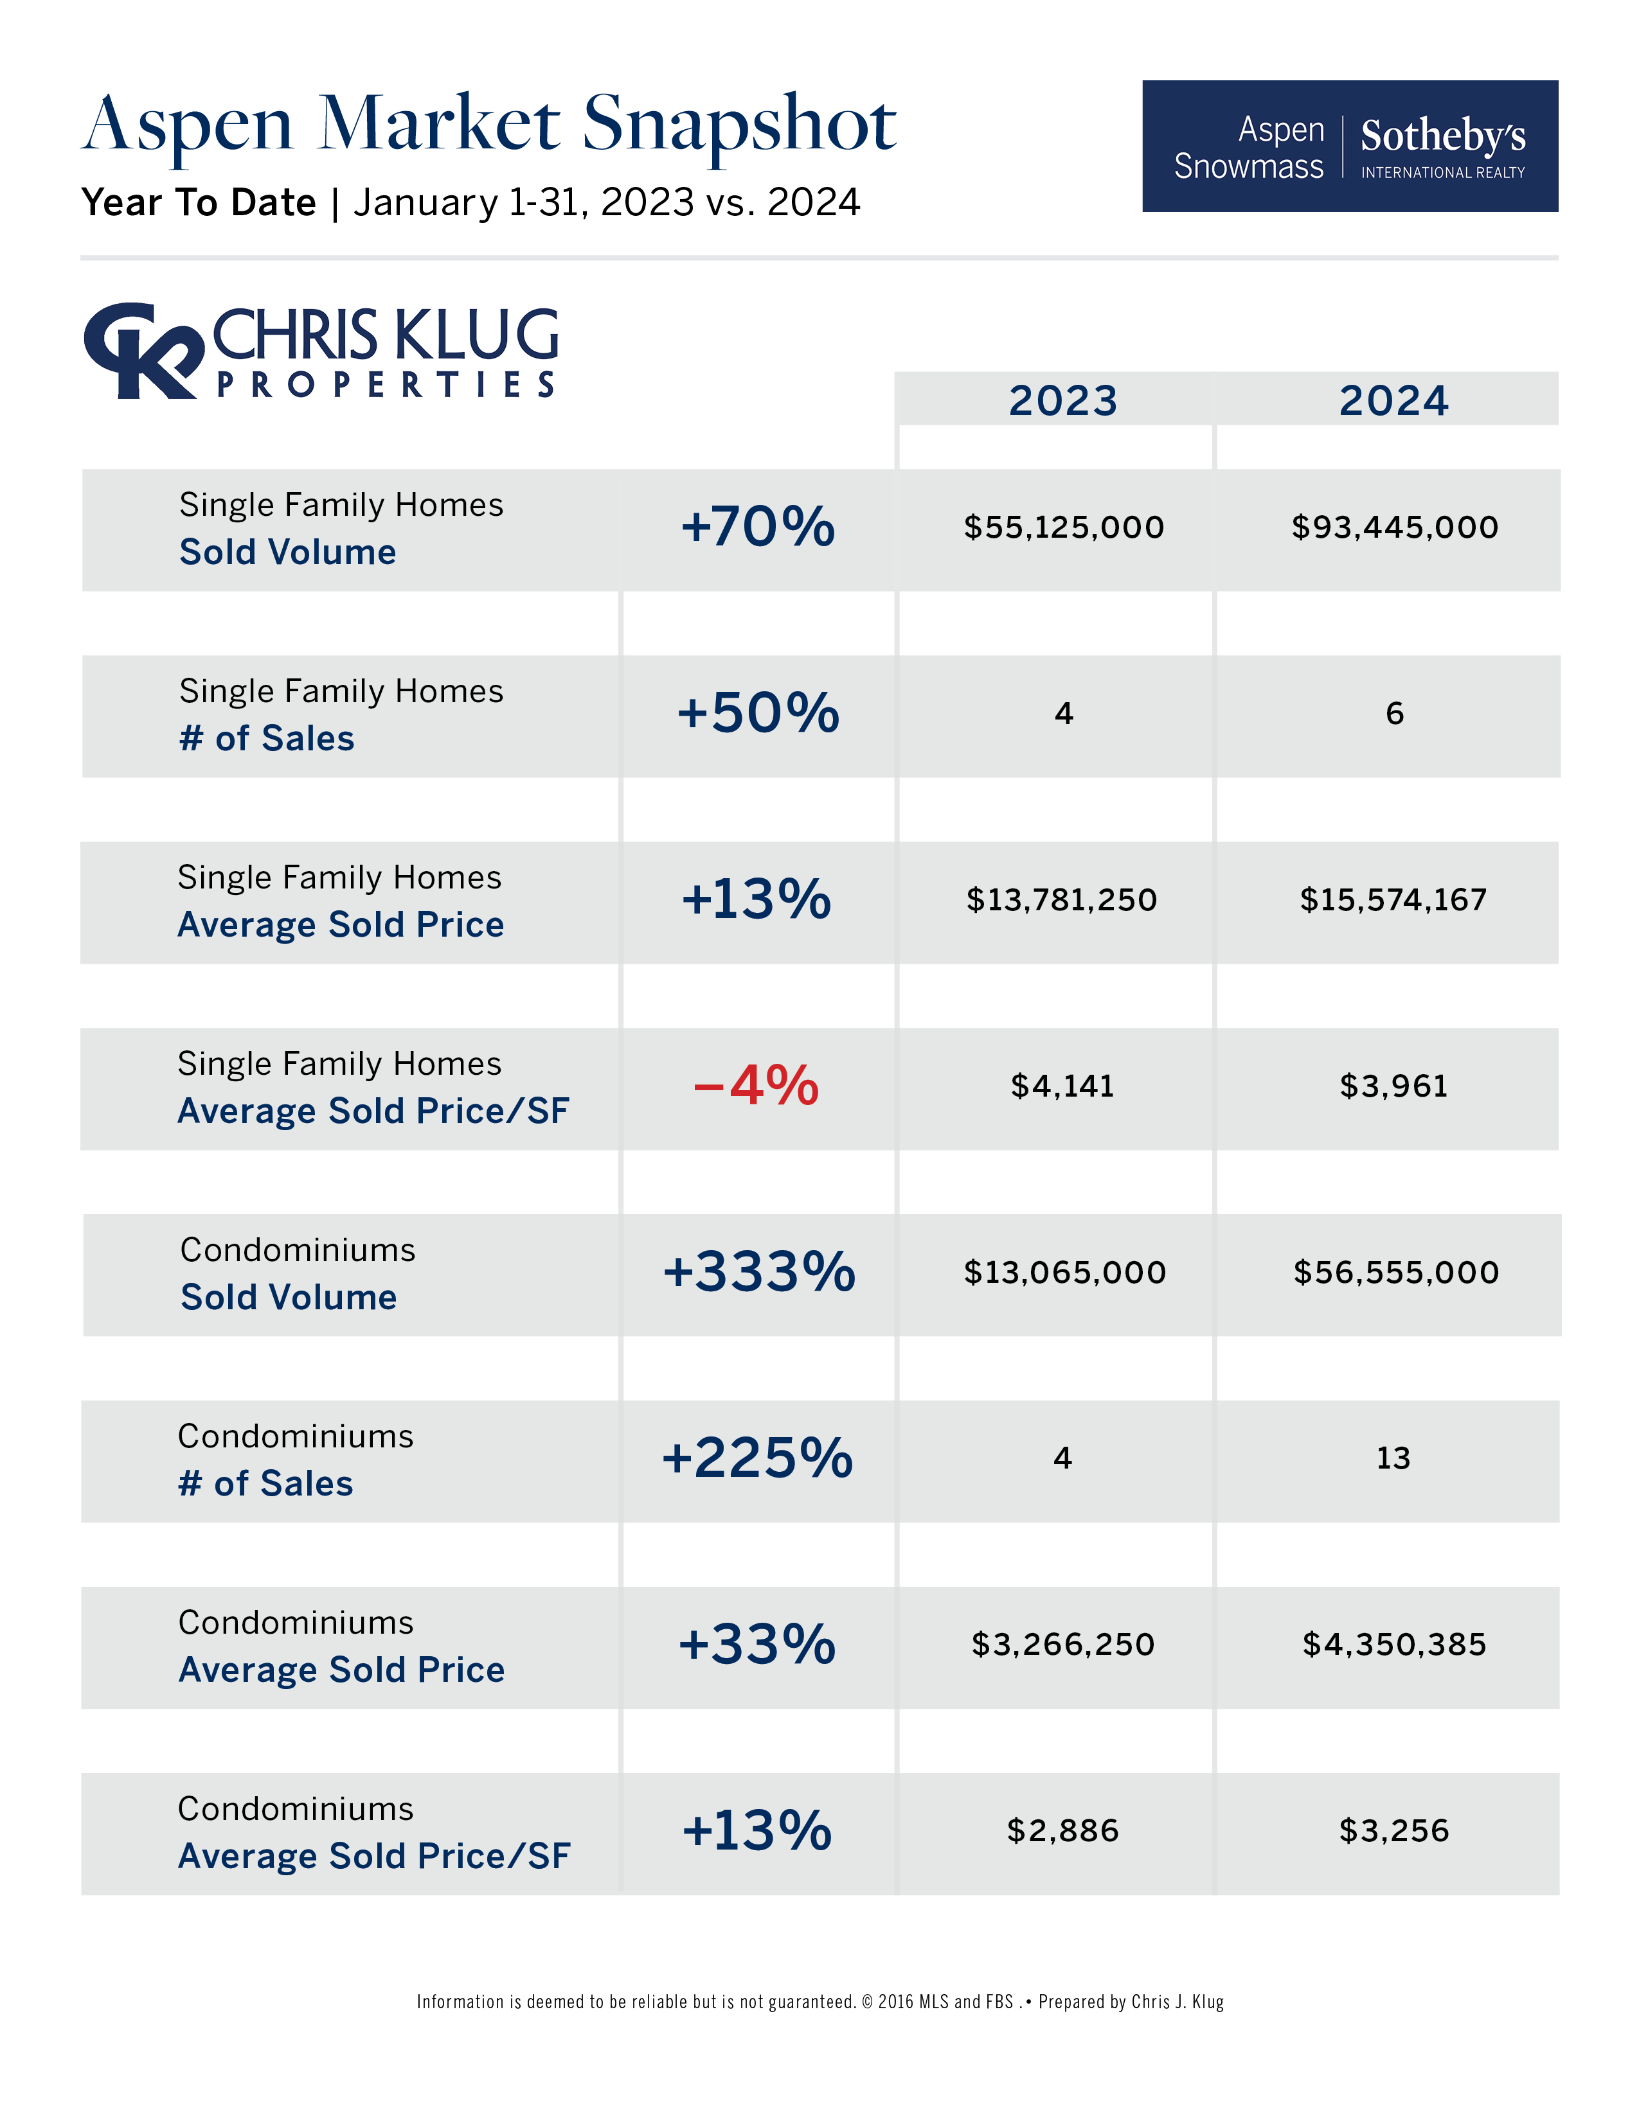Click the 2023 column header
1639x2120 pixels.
(1062, 401)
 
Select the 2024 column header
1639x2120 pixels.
(1393, 401)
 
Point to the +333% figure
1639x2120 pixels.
(758, 1271)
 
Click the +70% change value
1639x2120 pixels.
(757, 527)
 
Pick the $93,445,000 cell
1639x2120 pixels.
(1394, 527)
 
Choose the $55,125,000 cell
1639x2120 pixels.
(1063, 527)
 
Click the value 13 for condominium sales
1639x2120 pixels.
(1393, 1458)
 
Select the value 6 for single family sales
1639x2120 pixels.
(1394, 714)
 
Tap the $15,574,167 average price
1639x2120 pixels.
(1393, 900)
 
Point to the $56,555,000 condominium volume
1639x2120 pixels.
(1395, 1271)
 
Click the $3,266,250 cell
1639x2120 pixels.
(1063, 1645)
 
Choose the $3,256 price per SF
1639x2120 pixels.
(1393, 1831)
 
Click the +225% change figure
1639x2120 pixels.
(757, 1458)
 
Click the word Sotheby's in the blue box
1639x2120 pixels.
(1443, 136)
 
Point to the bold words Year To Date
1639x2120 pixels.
(199, 203)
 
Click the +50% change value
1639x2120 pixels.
(757, 714)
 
